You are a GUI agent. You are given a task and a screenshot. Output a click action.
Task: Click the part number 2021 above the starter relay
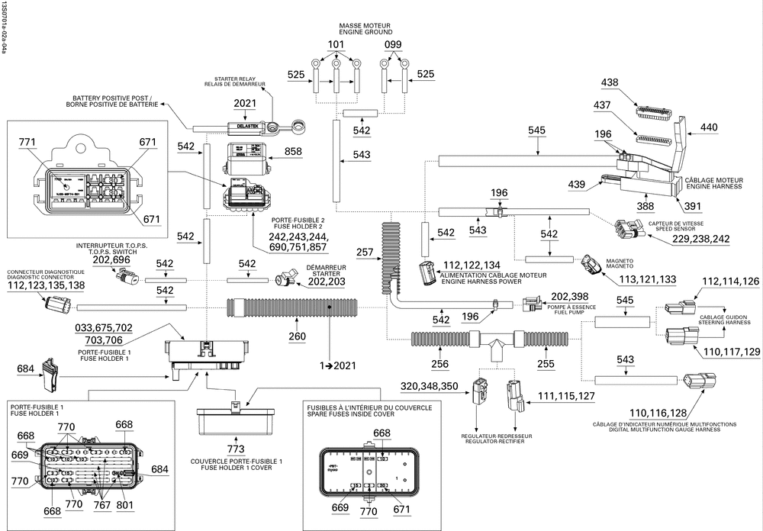coord(245,104)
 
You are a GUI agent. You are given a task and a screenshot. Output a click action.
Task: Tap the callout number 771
coord(48,143)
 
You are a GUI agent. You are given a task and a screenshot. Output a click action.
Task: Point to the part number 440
coord(709,127)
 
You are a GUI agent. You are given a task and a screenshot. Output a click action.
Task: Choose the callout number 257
coord(365,251)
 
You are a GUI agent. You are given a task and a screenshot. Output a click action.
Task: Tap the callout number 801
coord(124,504)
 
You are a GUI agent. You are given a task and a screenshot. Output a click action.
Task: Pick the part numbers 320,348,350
coord(430,386)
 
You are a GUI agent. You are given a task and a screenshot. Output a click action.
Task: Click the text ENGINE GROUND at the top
coord(367,33)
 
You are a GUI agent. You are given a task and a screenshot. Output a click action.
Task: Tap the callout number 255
coord(545,365)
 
